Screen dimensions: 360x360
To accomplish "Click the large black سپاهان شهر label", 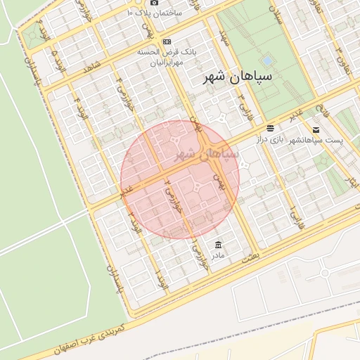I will (x=230, y=75).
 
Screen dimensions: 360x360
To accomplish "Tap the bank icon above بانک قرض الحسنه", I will (x=166, y=41).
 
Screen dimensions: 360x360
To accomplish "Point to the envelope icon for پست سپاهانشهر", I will (x=316, y=130).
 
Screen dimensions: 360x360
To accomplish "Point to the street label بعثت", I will (x=250, y=258).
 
